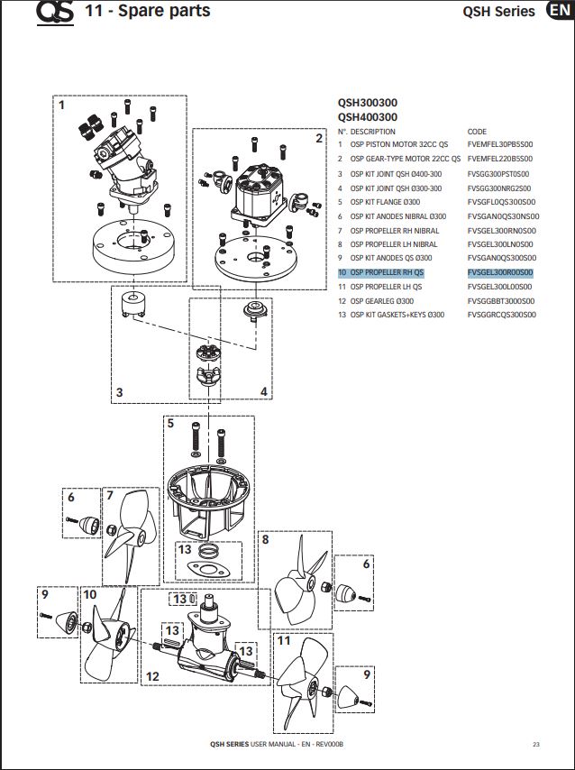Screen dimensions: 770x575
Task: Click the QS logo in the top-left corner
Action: (x=55, y=13)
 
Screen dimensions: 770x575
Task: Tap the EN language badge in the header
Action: (x=558, y=11)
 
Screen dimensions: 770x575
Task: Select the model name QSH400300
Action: (x=368, y=117)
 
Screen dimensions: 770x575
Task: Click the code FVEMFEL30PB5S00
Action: (x=500, y=144)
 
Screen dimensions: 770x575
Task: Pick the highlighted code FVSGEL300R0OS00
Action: (x=500, y=272)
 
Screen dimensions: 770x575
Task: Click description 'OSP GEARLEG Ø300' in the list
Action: (x=382, y=301)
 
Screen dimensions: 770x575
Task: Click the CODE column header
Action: (x=477, y=132)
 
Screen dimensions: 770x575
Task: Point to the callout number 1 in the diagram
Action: (x=62, y=105)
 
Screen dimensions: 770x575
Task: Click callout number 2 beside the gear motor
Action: (x=318, y=138)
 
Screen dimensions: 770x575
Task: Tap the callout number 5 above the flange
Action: (x=169, y=423)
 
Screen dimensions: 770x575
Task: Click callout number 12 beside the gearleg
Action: (x=152, y=676)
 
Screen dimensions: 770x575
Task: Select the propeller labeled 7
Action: (x=121, y=537)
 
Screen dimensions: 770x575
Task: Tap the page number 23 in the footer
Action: (x=535, y=744)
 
